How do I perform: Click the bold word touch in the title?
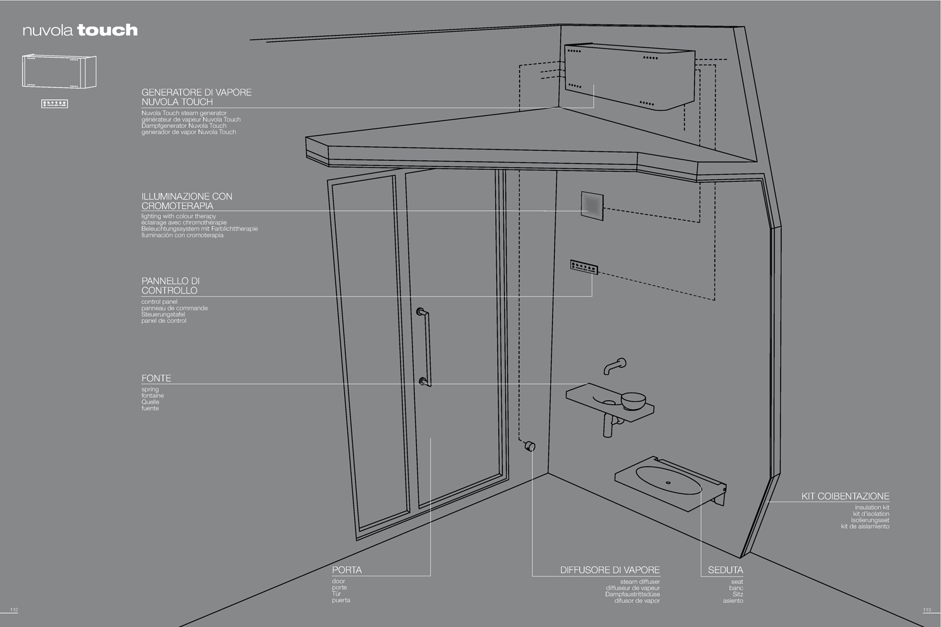pos(107,30)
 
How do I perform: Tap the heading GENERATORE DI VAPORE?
pos(196,92)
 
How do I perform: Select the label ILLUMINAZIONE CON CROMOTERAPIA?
pos(186,201)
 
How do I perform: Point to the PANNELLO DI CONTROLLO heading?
pos(170,286)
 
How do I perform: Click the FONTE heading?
pos(156,378)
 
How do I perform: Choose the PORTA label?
pos(347,570)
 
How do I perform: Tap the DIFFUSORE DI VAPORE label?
pos(610,570)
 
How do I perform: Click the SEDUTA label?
pos(726,570)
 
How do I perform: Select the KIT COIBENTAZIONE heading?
pos(845,496)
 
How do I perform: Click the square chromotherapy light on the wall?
pos(592,206)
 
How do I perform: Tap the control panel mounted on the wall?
pos(584,267)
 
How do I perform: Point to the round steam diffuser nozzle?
pos(530,446)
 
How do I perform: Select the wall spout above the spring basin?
pos(615,366)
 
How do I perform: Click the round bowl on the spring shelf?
pos(633,401)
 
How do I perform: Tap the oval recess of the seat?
pos(669,480)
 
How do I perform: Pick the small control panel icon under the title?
pos(54,103)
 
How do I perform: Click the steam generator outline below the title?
pos(59,72)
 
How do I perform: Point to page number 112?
pos(15,610)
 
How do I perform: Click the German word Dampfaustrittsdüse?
pos(632,594)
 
